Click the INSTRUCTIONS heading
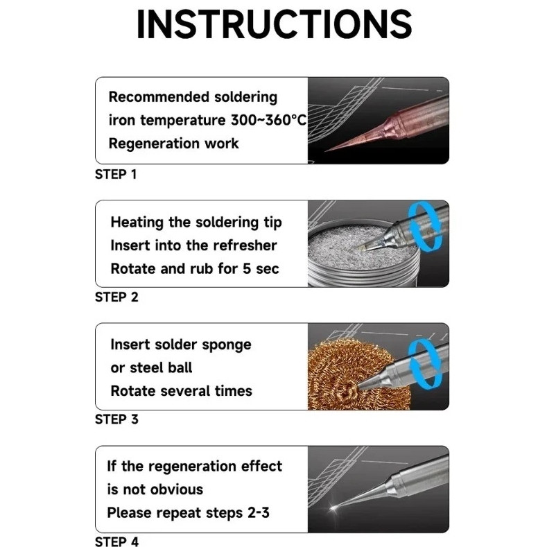[x=275, y=24]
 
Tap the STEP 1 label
[x=116, y=175]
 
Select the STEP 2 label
[x=116, y=297]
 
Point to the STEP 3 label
[x=116, y=419]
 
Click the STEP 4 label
[x=116, y=541]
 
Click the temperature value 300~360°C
[x=268, y=120]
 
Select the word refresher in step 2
[x=245, y=245]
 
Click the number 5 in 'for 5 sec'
[x=247, y=269]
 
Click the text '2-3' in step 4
[x=259, y=513]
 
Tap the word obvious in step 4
[x=180, y=489]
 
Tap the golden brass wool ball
[x=356, y=376]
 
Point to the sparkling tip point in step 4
[x=334, y=507]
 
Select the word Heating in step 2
[x=137, y=223]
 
